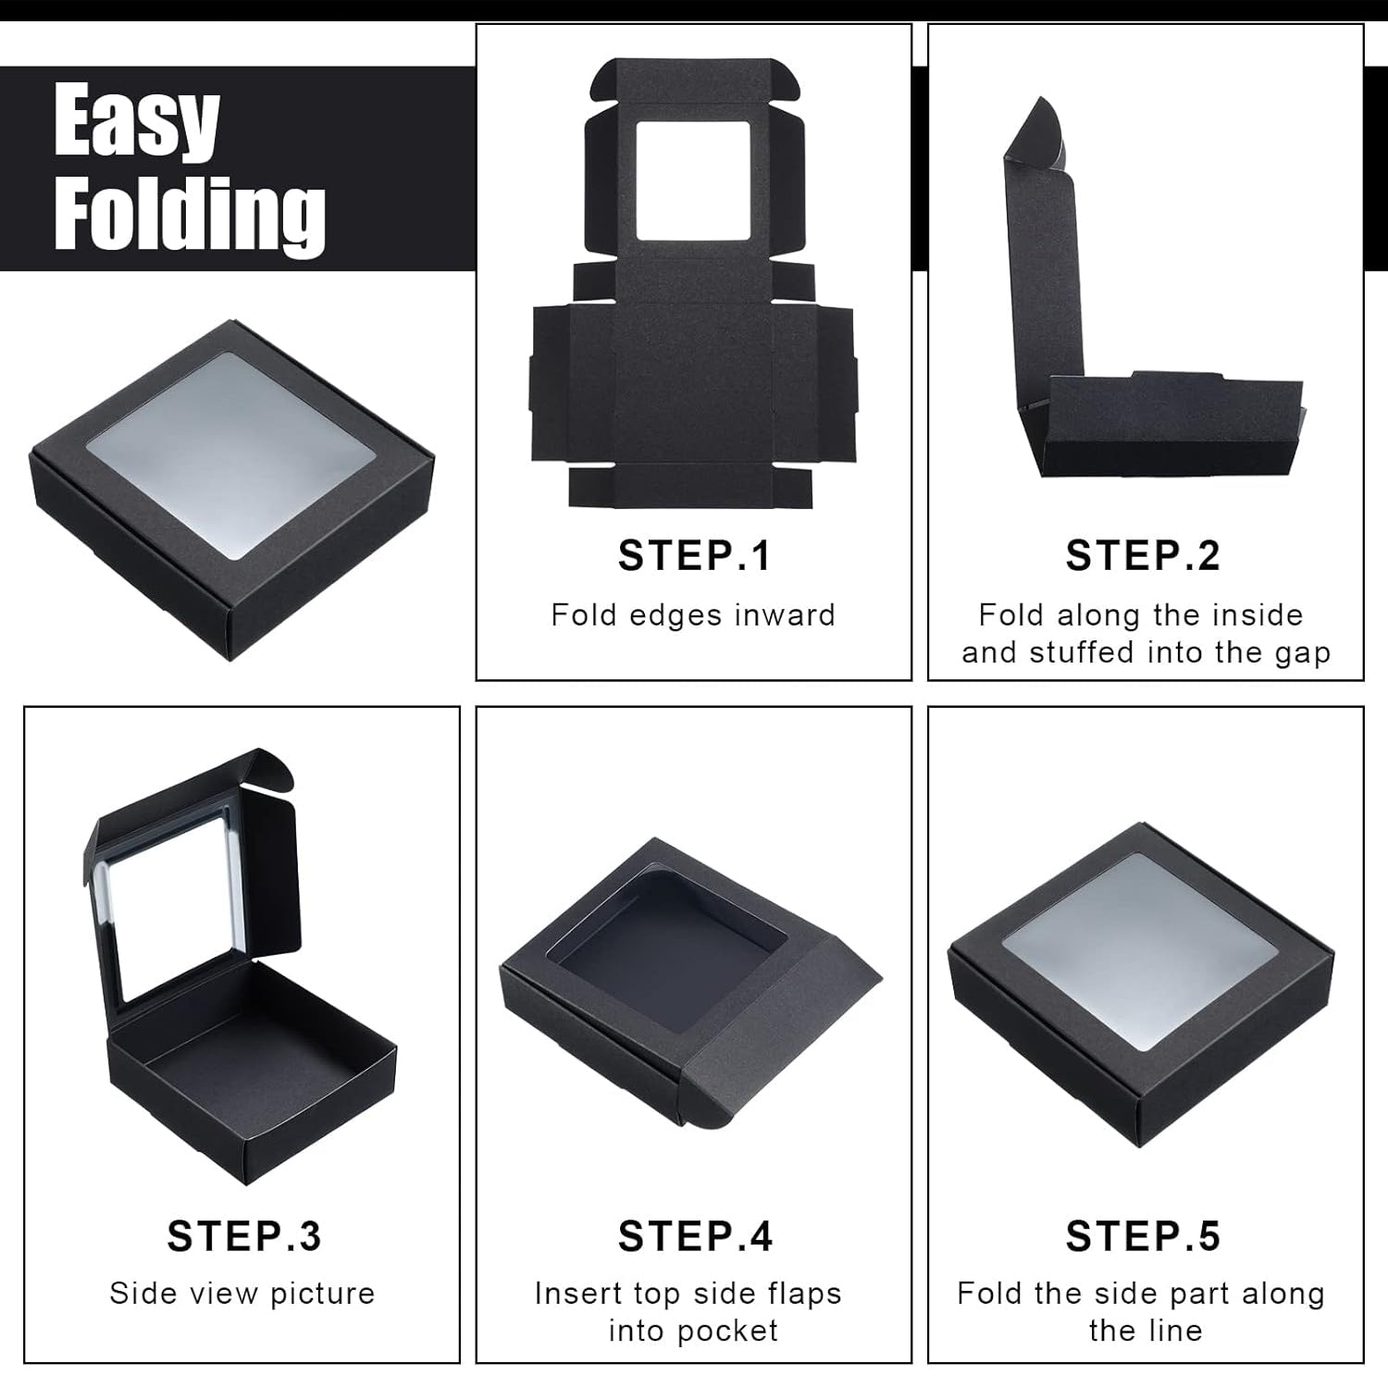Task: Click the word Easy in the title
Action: point(136,121)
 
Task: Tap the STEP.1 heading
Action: point(694,556)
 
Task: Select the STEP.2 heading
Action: point(1143,556)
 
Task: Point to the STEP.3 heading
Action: point(244,1236)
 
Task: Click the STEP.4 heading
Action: point(695,1236)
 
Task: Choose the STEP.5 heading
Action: point(1143,1236)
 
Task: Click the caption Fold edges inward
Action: point(693,615)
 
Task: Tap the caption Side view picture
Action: point(242,1294)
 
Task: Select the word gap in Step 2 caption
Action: point(1302,653)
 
